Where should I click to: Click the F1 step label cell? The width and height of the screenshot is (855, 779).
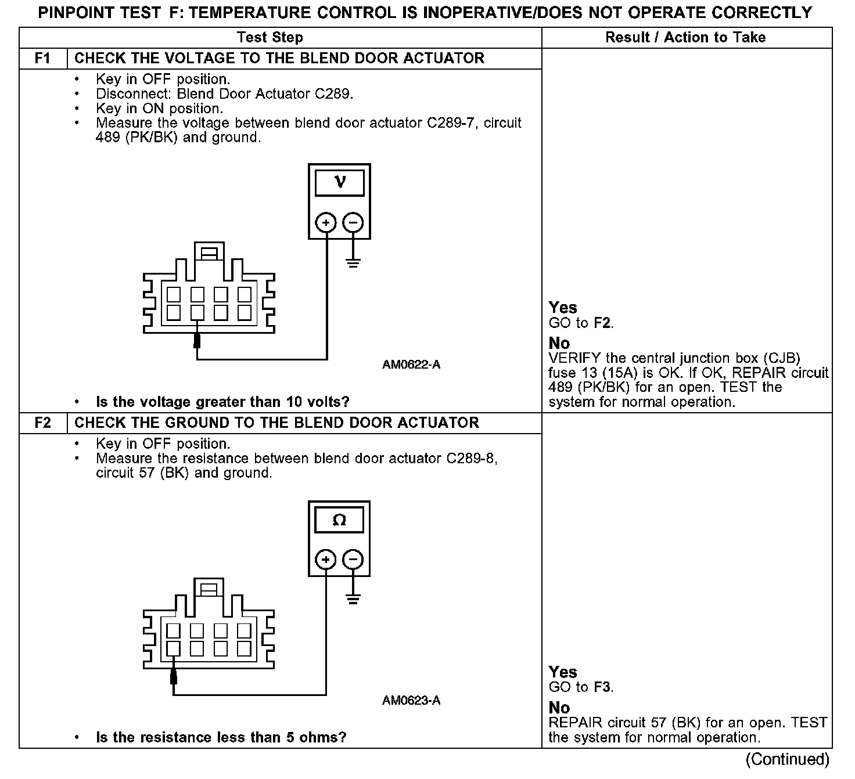coord(43,59)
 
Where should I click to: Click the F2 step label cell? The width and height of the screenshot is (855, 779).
coord(43,423)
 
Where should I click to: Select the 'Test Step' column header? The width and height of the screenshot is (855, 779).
coord(270,38)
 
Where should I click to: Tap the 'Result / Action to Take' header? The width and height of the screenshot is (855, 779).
coord(685,38)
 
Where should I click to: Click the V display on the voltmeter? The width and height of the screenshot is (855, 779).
coord(340,182)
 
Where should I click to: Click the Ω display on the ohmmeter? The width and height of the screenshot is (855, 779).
coord(339,520)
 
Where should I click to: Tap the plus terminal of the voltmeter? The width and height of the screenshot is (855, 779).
coord(326,223)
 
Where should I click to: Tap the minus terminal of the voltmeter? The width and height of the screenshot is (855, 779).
coord(353,223)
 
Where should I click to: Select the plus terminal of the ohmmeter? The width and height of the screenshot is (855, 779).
coord(326,560)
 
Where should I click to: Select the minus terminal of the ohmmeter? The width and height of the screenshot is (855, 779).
coord(353,560)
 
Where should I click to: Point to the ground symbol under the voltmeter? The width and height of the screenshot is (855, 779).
coord(353,262)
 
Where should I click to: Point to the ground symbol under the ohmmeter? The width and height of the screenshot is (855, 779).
coord(353,599)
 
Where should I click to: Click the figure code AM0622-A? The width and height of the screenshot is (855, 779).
coord(411,365)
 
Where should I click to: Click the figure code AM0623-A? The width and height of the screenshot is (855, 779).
coord(411,701)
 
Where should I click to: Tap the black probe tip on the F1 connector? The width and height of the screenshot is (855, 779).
coord(197,340)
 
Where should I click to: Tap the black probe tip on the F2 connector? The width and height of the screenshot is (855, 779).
coord(173,677)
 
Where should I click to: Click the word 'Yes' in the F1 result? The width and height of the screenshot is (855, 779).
coord(563,308)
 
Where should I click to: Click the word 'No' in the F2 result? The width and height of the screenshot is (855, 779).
coord(559,708)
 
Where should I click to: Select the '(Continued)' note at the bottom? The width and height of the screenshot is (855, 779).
coord(787,759)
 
